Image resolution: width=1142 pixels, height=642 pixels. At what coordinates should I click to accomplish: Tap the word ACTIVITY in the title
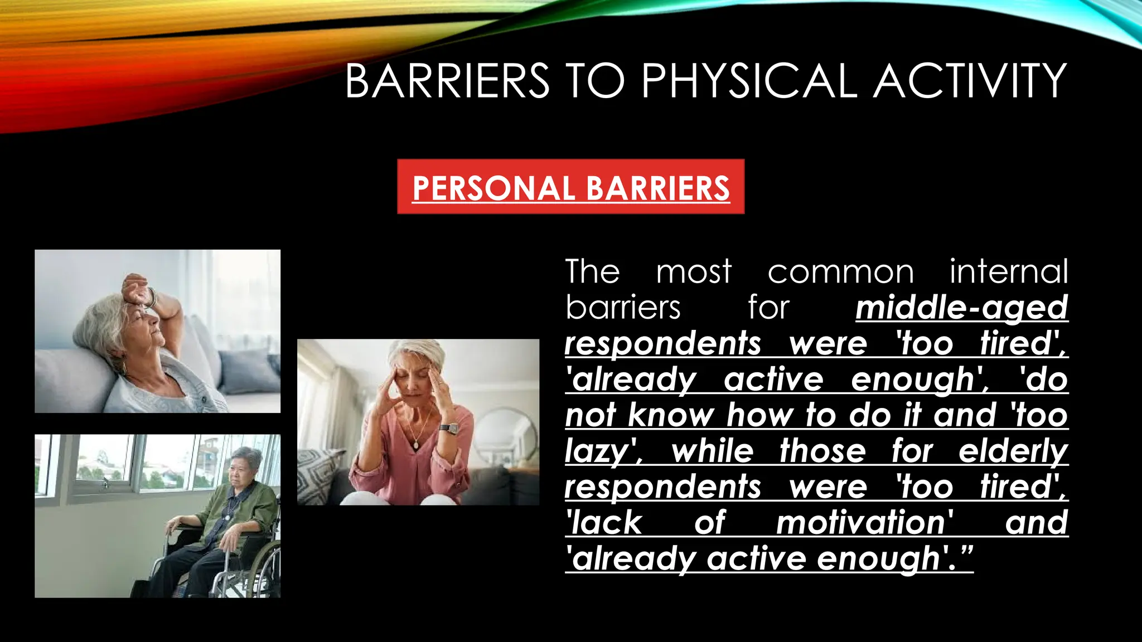(970, 81)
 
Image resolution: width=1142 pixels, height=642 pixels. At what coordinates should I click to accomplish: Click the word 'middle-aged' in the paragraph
(961, 308)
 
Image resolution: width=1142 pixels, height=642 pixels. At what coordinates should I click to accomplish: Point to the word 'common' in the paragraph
(840, 272)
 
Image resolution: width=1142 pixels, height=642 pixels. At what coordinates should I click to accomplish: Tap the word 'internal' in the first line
(1009, 272)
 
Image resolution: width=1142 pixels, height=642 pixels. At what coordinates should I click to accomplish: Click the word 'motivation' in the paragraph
(864, 523)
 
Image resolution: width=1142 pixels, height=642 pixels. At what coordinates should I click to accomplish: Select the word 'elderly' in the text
(1013, 451)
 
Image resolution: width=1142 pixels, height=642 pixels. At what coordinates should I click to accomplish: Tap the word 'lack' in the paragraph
(605, 523)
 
